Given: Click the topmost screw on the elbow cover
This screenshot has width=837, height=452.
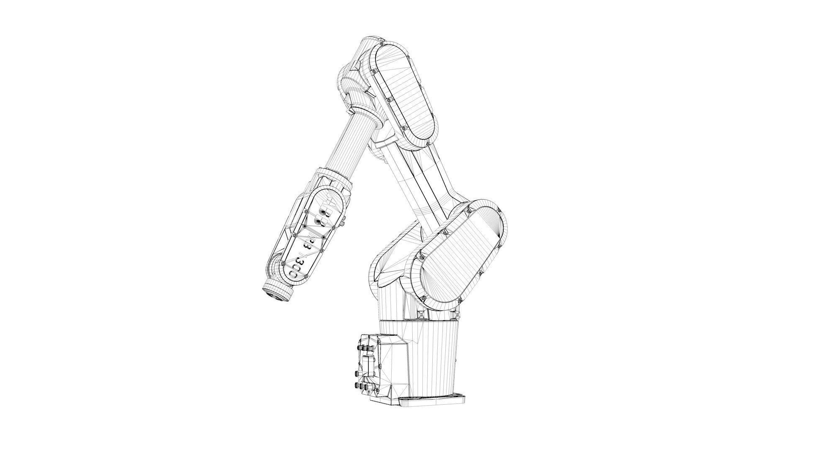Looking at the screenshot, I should (x=382, y=44).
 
